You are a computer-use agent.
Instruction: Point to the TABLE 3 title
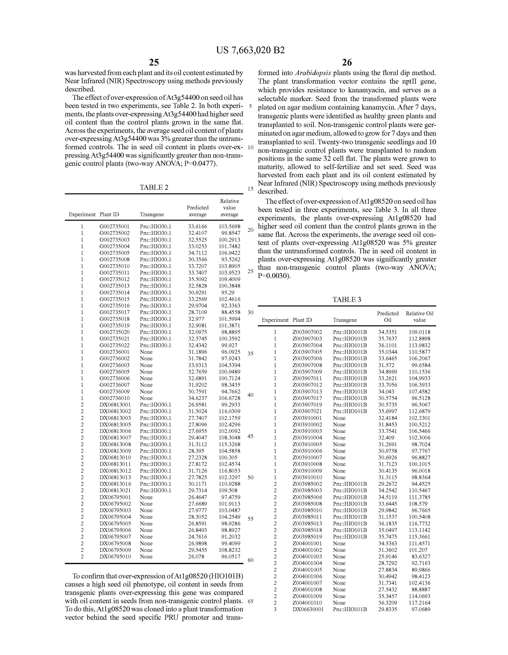(x=347, y=299)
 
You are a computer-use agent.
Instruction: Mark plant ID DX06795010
(x=115, y=556)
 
